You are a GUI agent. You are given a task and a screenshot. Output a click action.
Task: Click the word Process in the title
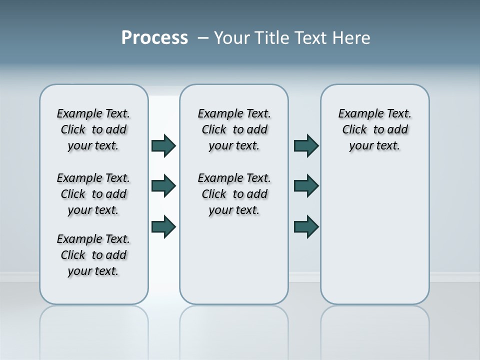[154, 38]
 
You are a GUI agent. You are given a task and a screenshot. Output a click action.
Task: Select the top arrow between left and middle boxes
[163, 145]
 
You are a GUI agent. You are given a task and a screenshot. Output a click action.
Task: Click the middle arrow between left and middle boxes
[163, 186]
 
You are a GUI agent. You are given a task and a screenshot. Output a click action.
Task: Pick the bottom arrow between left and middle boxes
[163, 226]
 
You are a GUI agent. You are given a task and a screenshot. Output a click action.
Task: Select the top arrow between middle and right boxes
[306, 145]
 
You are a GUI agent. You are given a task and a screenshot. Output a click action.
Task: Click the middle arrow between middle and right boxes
[306, 186]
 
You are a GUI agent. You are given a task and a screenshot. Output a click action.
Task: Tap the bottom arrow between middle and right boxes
[306, 226]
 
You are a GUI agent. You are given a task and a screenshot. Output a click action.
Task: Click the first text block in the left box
[93, 129]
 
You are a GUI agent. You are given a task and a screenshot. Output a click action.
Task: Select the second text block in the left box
[93, 194]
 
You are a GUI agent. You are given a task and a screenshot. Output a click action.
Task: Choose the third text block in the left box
[93, 255]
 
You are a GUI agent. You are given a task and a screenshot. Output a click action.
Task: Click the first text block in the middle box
[234, 129]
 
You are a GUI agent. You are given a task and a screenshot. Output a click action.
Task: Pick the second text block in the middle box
[234, 194]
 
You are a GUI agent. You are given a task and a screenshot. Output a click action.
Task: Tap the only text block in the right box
[375, 129]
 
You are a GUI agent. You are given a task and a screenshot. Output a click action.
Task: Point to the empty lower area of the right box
[375, 235]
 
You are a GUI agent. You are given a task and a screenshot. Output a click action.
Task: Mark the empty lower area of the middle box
[234, 260]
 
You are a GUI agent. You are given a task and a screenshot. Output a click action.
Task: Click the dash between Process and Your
[203, 38]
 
